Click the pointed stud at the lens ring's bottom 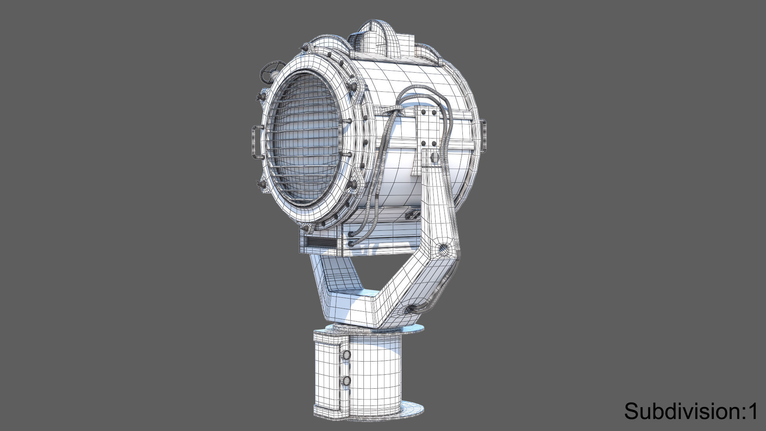(306, 228)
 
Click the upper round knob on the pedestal (346, 355)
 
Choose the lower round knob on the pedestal (346, 380)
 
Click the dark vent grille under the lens (322, 242)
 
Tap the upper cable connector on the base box (351, 234)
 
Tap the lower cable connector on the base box (351, 243)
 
